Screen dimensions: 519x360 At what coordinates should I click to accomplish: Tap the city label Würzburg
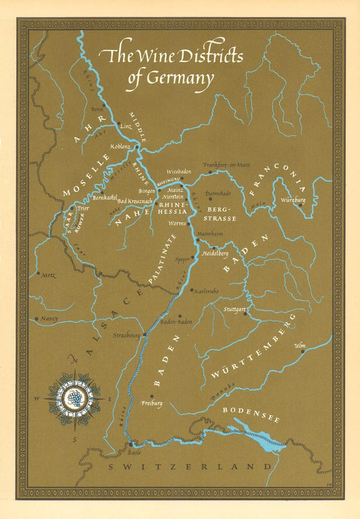(292, 201)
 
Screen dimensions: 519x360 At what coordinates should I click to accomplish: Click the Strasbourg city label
(127, 335)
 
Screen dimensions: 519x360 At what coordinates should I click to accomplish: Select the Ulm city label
(300, 345)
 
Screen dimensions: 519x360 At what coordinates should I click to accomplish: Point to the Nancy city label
(49, 318)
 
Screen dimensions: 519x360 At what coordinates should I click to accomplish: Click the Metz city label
(49, 276)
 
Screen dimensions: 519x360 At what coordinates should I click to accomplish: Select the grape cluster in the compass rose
(75, 398)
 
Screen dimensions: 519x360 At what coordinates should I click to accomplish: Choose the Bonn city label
(97, 109)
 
